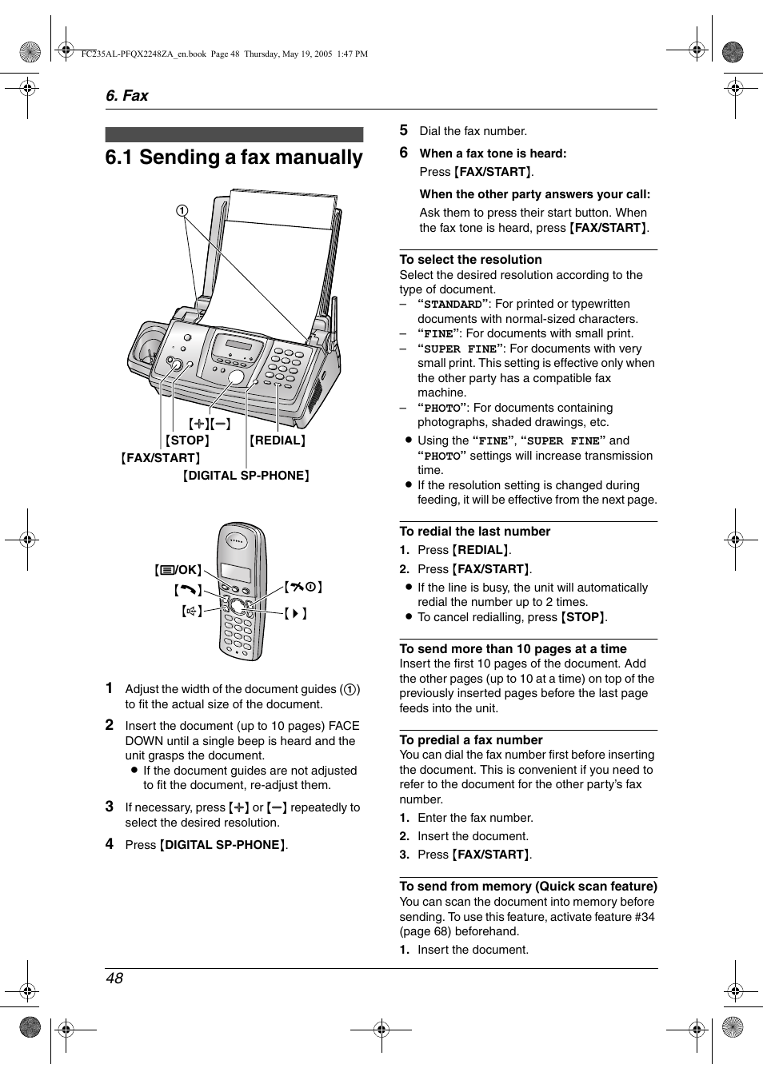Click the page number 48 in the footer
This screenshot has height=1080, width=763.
(x=114, y=978)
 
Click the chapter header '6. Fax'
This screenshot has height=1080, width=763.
(x=126, y=96)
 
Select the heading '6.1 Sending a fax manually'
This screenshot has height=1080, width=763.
(x=234, y=157)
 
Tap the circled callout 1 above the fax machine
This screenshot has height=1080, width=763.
(x=182, y=211)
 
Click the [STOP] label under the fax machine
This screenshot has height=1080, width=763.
(x=187, y=440)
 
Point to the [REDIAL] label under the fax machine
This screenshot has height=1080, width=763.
(x=278, y=440)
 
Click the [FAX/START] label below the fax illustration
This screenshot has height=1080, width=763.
(x=161, y=458)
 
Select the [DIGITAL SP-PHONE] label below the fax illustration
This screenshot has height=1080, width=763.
(x=246, y=476)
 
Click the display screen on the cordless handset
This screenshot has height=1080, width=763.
(x=235, y=572)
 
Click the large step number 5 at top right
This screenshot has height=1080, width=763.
(x=404, y=130)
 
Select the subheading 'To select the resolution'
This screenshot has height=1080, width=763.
(x=470, y=260)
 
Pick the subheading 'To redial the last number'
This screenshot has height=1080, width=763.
(x=474, y=532)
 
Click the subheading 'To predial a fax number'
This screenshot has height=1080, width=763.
(x=470, y=740)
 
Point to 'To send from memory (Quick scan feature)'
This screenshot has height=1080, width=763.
(x=528, y=887)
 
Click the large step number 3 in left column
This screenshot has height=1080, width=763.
(x=110, y=807)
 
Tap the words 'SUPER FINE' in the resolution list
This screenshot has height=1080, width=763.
(x=460, y=349)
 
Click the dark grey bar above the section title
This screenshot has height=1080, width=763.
(x=234, y=134)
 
